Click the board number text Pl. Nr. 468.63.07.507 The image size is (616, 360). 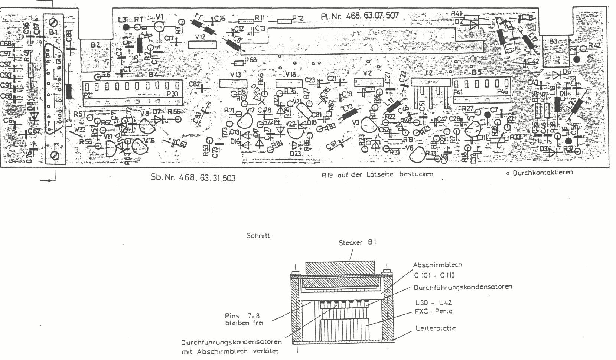pyautogui.click(x=359, y=16)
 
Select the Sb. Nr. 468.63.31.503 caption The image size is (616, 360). pyautogui.click(x=193, y=177)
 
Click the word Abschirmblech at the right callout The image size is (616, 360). pyautogui.click(x=437, y=265)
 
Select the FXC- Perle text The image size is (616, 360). pyautogui.click(x=433, y=311)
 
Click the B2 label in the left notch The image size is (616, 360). pyautogui.click(x=95, y=45)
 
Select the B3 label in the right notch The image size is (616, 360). pyautogui.click(x=554, y=41)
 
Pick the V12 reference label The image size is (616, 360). pyautogui.click(x=200, y=37)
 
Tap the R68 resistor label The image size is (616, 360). pyautogui.click(x=250, y=60)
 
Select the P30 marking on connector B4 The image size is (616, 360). pyautogui.click(x=172, y=94)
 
